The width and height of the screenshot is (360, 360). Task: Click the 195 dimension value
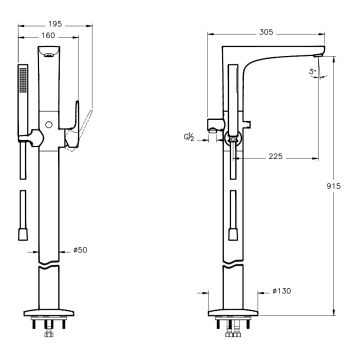pos(55,24)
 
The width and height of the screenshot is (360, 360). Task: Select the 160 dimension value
pos(49,36)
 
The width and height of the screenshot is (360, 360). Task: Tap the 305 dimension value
pos(266,32)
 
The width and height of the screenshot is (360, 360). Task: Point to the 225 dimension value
pos(276,156)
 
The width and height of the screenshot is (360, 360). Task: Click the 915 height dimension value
pos(334,186)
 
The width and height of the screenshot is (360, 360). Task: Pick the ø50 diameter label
pos(80,250)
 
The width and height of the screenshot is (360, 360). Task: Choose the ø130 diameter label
pos(282,291)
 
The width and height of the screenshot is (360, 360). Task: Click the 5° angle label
pos(312,71)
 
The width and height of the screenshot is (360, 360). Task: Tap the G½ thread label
pos(189,137)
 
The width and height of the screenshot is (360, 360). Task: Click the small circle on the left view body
pos(49,125)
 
